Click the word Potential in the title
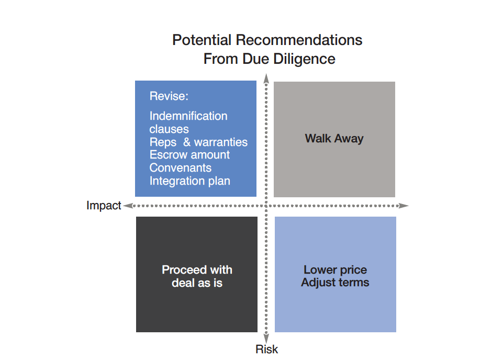point(202,40)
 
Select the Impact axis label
point(104,206)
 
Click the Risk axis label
point(266,349)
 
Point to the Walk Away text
point(334,139)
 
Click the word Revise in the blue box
point(169,96)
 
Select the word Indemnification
point(188,116)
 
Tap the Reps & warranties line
point(198,142)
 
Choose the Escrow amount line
point(189,155)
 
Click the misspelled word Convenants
point(180,167)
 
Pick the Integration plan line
point(189,181)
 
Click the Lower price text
point(335,270)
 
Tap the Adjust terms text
point(335,283)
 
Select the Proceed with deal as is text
point(197,276)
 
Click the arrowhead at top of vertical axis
point(266,78)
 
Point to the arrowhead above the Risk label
point(266,339)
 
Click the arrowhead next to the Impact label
point(128,206)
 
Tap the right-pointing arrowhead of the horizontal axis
point(404,206)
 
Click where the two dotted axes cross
point(266,206)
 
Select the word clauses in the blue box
point(169,129)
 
